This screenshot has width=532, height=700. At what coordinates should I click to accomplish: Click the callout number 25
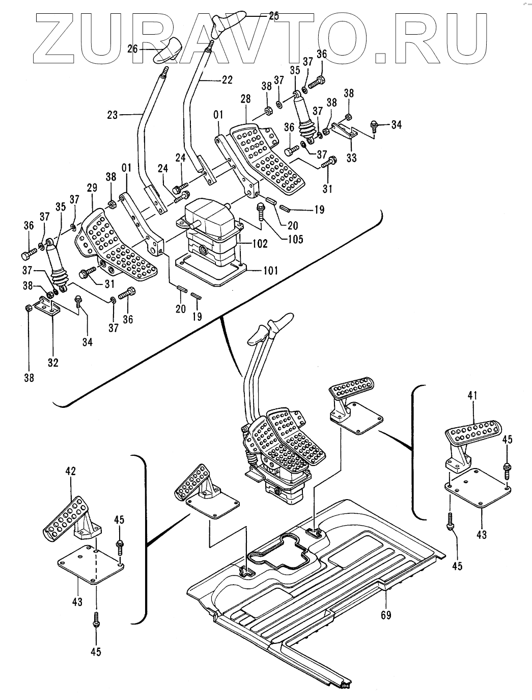tap(273, 16)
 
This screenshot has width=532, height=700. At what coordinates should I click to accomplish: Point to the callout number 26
tap(132, 49)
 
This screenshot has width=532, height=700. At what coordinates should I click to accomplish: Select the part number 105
tap(294, 238)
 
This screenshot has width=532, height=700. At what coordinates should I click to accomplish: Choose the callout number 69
tap(385, 615)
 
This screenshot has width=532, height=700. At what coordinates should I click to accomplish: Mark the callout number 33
tap(351, 158)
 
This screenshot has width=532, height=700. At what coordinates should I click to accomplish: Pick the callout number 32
tap(53, 362)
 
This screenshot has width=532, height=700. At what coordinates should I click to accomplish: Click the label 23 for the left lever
tap(113, 115)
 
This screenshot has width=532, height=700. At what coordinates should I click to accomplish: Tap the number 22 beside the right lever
tap(227, 80)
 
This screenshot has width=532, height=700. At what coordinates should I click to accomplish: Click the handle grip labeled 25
tap(228, 22)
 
